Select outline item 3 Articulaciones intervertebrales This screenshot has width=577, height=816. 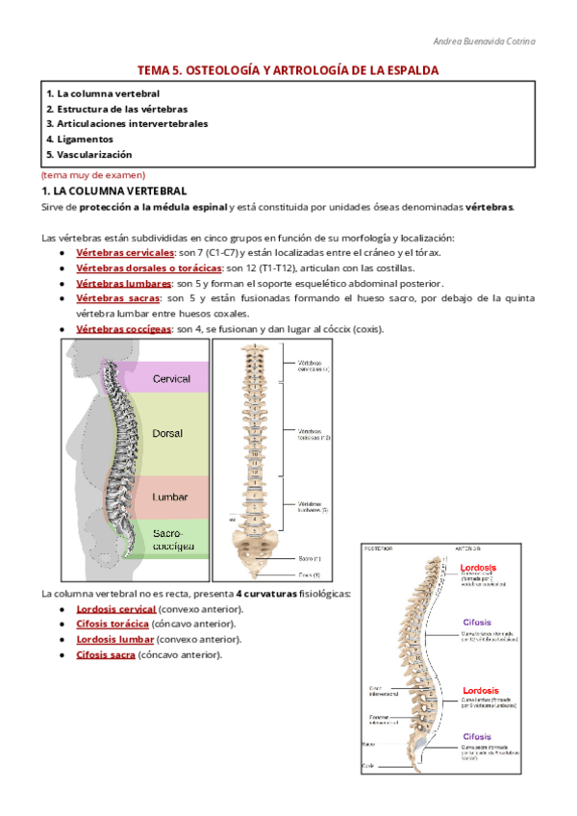127,123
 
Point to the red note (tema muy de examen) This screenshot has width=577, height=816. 93,175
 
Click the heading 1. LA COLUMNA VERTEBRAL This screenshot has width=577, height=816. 113,191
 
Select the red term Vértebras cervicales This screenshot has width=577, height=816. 119,252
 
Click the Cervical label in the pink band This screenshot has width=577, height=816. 171,379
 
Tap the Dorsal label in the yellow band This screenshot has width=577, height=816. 167,434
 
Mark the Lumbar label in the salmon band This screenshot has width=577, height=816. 169,497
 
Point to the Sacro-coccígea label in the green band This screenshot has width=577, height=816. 172,539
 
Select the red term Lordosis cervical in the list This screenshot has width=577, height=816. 115,609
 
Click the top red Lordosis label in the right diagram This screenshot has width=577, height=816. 479,568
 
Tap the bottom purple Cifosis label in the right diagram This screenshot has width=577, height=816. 478,736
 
